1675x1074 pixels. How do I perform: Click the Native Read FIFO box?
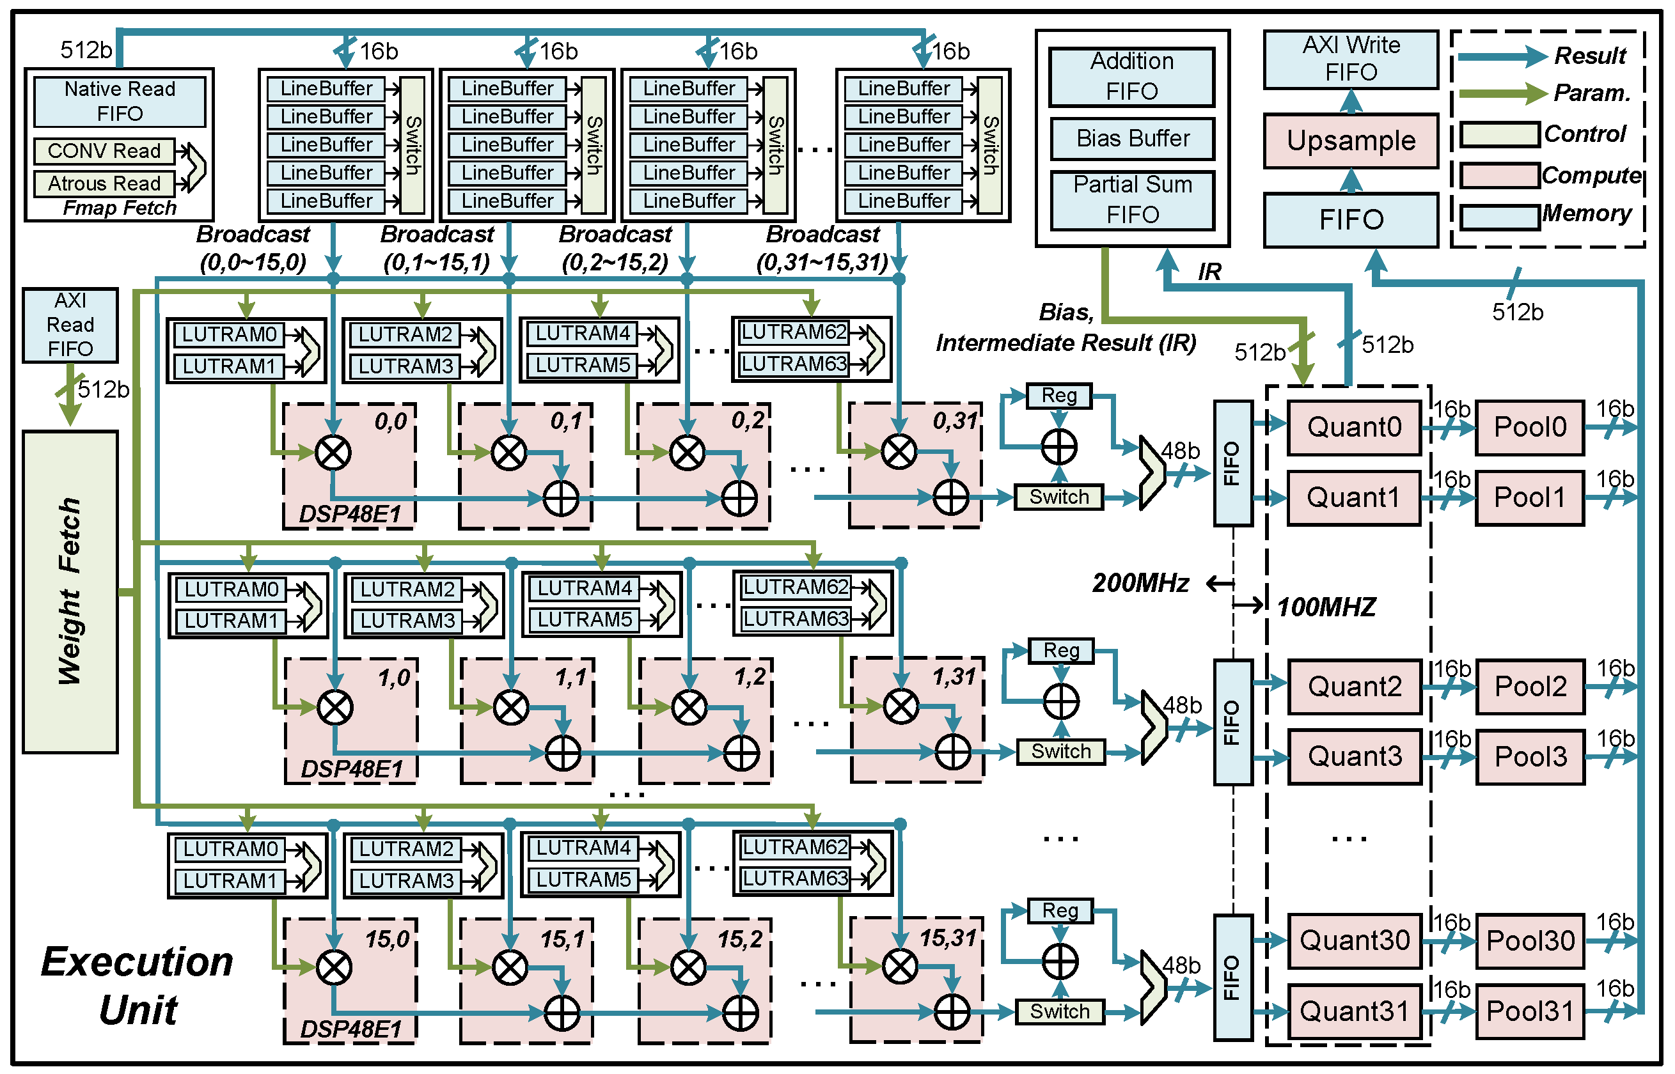pos(120,101)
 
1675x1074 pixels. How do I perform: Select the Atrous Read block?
pos(104,183)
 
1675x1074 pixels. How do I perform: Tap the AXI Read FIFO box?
pos(70,325)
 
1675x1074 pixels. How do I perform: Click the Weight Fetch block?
pos(70,591)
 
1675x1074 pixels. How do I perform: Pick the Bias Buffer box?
pos(1132,138)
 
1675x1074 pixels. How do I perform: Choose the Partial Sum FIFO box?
pos(1132,199)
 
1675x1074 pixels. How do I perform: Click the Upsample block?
pos(1351,141)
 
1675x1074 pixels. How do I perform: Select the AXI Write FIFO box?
pos(1351,59)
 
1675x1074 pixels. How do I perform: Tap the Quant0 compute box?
pos(1353,427)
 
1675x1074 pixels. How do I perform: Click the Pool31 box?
pos(1530,1011)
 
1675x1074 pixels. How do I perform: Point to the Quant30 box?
pos(1354,940)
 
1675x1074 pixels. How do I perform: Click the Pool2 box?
pos(1530,686)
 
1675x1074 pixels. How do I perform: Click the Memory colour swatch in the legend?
pos(1499,217)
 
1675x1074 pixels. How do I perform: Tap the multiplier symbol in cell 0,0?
pos(333,453)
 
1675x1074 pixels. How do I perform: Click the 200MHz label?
pos(1140,583)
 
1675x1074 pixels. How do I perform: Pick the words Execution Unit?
pos(138,985)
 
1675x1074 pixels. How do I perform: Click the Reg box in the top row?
pos(1059,396)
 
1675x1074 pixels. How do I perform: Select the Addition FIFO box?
pos(1132,76)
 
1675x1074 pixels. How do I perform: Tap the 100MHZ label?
pos(1326,607)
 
